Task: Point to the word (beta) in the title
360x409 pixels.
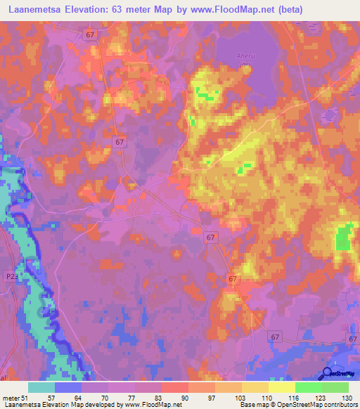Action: (342, 10)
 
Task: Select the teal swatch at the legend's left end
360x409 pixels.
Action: (41, 387)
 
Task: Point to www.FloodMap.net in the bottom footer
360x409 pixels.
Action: (153, 405)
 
